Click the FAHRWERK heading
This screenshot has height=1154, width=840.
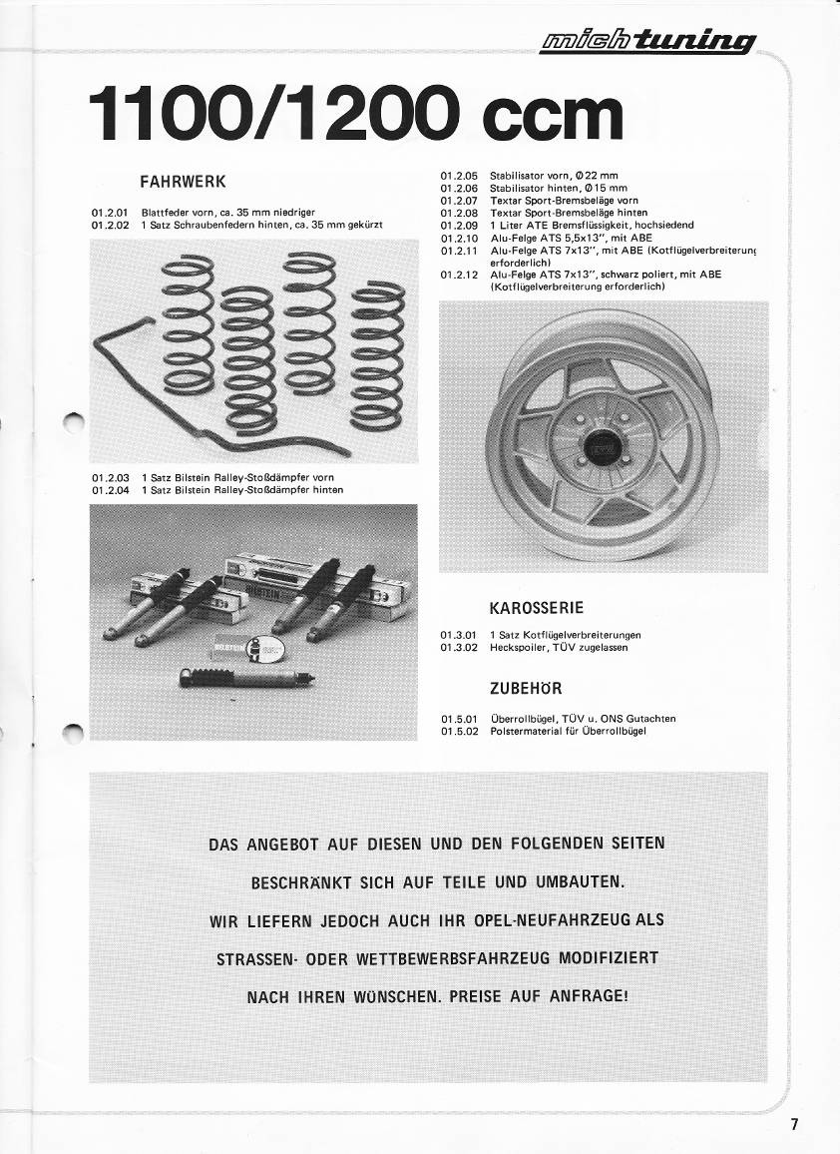click(185, 182)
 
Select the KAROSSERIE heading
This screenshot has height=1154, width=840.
click(537, 607)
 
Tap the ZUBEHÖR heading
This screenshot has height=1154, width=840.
click(526, 688)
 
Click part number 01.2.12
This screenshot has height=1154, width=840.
click(459, 274)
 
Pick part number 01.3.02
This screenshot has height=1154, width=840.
click(459, 647)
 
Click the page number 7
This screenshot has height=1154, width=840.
click(794, 1123)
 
